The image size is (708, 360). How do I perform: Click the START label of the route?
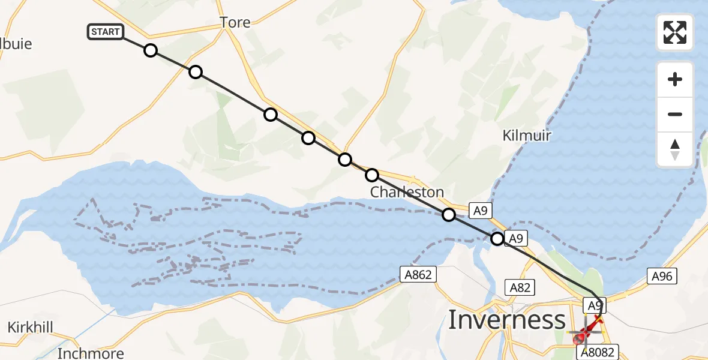click(106, 32)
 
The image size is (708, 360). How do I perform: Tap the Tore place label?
click(235, 23)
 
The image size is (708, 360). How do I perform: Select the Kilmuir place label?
click(526, 136)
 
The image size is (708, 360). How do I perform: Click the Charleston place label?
click(407, 193)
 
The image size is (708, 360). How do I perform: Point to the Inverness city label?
click(507, 320)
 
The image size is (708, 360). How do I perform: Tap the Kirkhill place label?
click(31, 328)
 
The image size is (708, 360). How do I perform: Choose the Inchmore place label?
click(91, 353)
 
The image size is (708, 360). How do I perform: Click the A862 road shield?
click(418, 275)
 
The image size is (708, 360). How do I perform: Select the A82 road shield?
click(520, 287)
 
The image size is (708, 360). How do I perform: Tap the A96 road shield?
click(662, 275)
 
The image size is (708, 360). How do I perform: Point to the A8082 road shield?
click(596, 352)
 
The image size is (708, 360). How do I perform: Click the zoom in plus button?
click(675, 79)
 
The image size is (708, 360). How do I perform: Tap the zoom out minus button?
click(675, 114)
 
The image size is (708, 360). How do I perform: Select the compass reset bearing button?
click(675, 149)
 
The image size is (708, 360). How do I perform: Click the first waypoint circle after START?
click(151, 50)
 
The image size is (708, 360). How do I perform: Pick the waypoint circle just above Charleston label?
click(372, 175)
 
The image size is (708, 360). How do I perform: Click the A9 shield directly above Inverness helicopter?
click(594, 305)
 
